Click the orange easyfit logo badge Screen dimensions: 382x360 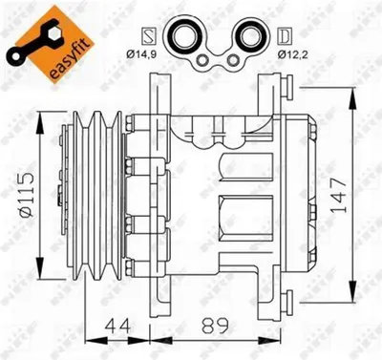51,45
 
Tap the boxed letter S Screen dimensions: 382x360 149,36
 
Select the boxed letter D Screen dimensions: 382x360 285,36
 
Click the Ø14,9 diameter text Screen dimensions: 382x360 141,54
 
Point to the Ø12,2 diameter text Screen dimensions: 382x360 293,54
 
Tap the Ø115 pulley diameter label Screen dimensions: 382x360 27,195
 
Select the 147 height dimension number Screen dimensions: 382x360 338,195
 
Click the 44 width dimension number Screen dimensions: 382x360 117,326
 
